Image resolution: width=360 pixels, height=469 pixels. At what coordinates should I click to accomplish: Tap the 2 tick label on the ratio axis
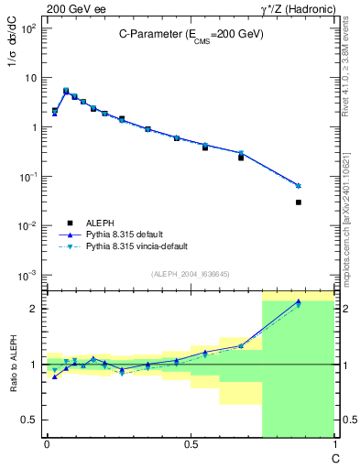pyautogui.click(x=34, y=309)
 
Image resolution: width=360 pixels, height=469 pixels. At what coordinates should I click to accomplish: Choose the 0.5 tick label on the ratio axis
pyautogui.click(x=29, y=420)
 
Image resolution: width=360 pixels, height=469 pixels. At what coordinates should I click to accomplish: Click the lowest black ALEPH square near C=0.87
pyautogui.click(x=299, y=202)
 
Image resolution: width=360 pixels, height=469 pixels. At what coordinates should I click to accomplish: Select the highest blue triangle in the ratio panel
pyautogui.click(x=299, y=301)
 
